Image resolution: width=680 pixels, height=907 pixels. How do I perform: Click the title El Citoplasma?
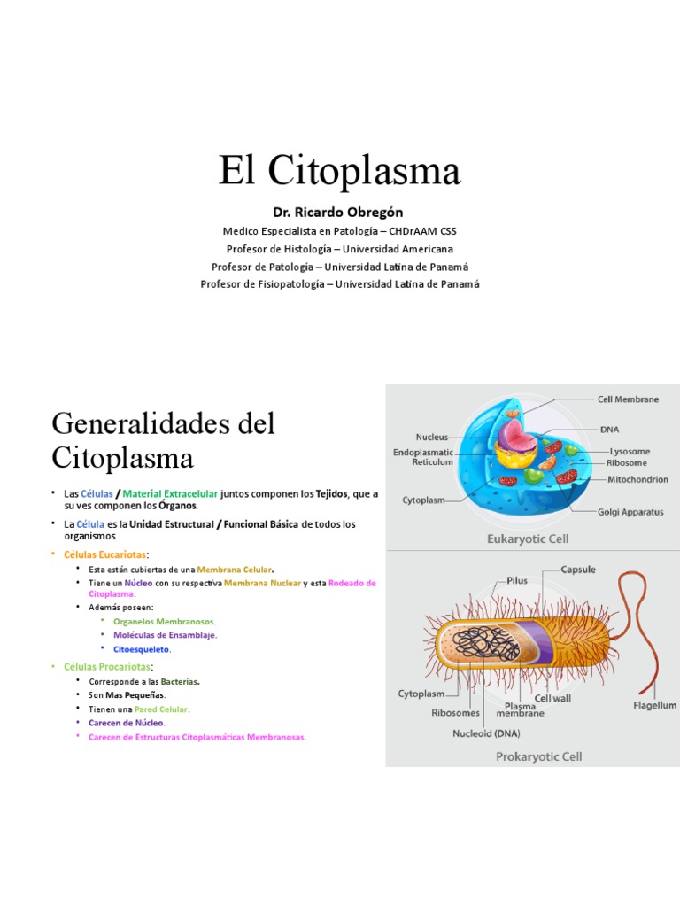click(x=340, y=171)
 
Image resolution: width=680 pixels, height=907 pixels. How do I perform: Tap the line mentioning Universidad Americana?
click(x=340, y=249)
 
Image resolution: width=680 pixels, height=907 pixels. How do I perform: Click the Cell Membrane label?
click(x=628, y=399)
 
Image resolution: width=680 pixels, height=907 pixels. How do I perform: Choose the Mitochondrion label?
click(x=637, y=479)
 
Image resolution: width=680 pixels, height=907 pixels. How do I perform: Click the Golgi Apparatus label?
click(x=630, y=512)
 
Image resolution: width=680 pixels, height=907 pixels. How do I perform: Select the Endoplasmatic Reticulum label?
click(x=423, y=456)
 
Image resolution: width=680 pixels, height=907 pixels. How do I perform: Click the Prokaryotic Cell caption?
click(x=538, y=756)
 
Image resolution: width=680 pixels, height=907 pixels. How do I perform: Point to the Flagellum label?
click(x=654, y=706)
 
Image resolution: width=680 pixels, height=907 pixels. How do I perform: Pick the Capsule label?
click(x=578, y=570)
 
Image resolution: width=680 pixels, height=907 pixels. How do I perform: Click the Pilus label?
click(x=517, y=581)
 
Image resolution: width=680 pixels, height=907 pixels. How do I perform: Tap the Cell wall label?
click(x=553, y=699)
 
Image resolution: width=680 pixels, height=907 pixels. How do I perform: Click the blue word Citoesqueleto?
click(x=142, y=649)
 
